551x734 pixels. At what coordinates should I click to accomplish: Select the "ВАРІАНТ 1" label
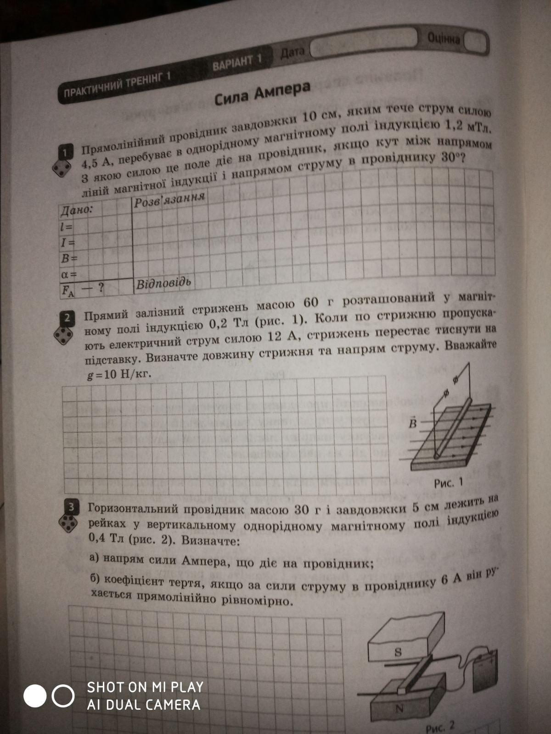tap(237, 61)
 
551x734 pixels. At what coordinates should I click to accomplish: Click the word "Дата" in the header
tap(292, 53)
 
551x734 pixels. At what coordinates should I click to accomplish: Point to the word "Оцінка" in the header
tap(443, 39)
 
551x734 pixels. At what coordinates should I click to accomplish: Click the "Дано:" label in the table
tap(76, 210)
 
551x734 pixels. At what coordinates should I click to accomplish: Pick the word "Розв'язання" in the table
tap(169, 200)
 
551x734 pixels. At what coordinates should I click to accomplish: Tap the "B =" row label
tap(68, 258)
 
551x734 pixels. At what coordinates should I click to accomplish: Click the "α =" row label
tap(68, 274)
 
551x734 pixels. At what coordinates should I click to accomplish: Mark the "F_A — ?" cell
tap(83, 288)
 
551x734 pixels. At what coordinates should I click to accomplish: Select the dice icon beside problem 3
tap(69, 523)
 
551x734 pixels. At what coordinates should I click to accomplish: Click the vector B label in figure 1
tap(413, 423)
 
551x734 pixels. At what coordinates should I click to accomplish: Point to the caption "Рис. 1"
tap(448, 483)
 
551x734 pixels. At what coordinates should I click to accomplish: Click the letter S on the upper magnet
tap(398, 652)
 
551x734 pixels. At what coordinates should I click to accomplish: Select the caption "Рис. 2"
tap(440, 726)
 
